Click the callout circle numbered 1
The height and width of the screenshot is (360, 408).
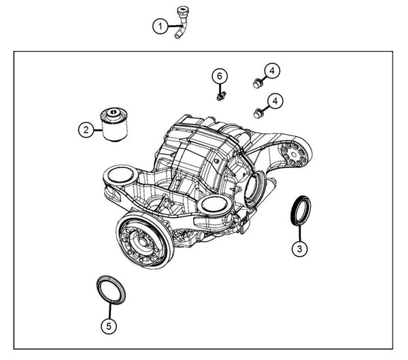160,27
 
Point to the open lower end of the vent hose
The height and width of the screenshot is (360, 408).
177,35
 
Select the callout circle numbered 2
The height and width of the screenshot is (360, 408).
86,129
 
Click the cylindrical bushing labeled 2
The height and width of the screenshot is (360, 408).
114,124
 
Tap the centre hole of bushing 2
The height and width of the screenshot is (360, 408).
113,112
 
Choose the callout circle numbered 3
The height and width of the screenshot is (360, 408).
299,248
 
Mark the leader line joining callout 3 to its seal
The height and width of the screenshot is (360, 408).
299,233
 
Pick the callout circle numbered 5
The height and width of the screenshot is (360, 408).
109,325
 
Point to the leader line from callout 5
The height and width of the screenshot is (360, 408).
109,310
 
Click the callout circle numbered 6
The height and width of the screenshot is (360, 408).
220,76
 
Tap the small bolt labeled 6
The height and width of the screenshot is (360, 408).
221,97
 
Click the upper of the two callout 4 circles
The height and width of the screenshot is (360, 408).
272,71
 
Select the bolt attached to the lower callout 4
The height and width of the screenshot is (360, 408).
258,114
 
